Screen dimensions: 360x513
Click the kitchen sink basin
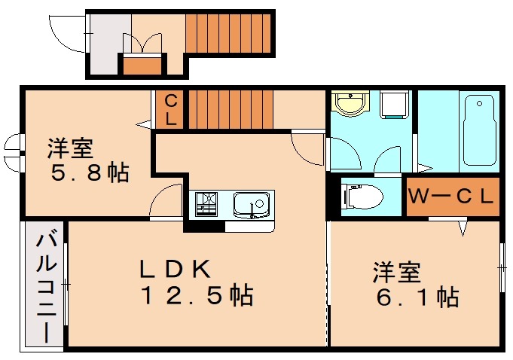point(252,204)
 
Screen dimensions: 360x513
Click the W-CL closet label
point(451,197)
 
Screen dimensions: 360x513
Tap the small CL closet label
point(171,109)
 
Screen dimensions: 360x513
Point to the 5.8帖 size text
point(90,173)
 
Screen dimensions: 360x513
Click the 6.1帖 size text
point(416,297)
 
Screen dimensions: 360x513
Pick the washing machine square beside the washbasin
point(394,105)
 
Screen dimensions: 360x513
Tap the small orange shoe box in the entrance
point(142,65)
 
